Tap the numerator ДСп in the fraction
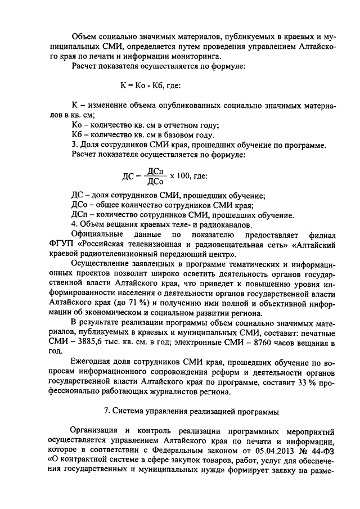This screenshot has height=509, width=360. pyautogui.click(x=155, y=170)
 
